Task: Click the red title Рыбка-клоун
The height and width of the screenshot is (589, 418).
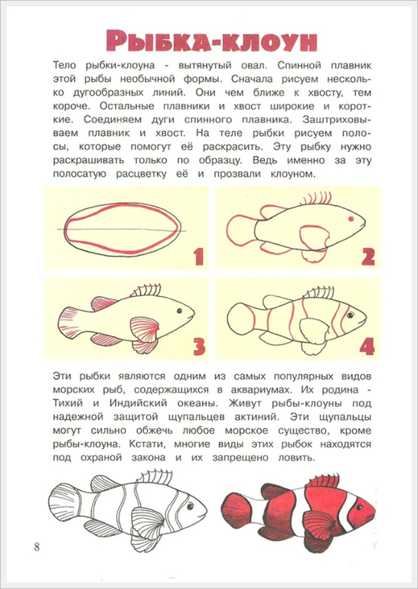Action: click(211, 41)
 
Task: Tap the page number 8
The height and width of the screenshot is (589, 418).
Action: click(37, 546)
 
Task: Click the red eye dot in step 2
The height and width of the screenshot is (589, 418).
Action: click(351, 219)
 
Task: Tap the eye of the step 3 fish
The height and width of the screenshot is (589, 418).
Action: click(179, 311)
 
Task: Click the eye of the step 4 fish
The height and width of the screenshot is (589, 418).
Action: click(350, 315)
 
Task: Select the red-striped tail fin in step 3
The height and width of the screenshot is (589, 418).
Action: click(69, 322)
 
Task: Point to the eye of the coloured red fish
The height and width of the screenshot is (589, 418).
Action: click(359, 507)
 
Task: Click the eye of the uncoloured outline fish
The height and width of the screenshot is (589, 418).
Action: click(190, 506)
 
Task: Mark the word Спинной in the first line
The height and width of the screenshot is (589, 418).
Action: click(297, 65)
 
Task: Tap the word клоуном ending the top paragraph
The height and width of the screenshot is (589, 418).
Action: click(291, 174)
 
